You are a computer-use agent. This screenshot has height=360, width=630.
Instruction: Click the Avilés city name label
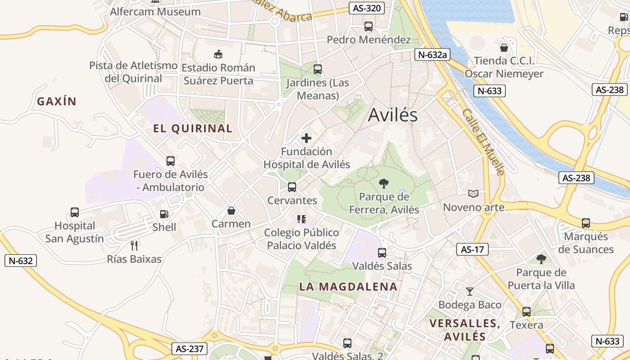click(393, 115)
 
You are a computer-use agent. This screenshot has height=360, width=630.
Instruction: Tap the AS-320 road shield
click(367, 8)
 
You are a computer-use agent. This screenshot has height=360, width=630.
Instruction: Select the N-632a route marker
click(432, 55)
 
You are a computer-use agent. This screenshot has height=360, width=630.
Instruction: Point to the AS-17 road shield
click(472, 249)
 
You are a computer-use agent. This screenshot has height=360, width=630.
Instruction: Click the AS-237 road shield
click(189, 348)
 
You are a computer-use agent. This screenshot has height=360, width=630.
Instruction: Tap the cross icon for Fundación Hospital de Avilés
click(306, 138)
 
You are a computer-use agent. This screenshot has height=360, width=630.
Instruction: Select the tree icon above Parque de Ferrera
click(384, 183)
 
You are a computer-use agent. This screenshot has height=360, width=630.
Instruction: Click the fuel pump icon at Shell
click(164, 215)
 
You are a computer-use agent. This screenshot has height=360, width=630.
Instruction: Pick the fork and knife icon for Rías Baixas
click(134, 245)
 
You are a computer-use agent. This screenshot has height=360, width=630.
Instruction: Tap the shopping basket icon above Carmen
click(231, 211)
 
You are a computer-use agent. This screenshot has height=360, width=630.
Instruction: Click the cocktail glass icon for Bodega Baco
click(470, 292)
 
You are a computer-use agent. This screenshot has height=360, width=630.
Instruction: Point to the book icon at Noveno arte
click(473, 193)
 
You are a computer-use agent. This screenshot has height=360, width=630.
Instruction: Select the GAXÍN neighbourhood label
click(57, 102)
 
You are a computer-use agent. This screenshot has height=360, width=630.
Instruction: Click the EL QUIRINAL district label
click(193, 129)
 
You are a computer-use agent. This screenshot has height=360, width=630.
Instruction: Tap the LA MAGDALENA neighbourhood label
click(348, 287)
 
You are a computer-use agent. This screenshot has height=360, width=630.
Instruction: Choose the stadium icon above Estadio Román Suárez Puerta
click(218, 54)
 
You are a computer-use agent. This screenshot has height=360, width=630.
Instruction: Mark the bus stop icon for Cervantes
click(292, 187)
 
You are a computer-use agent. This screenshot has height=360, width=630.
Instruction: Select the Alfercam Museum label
click(155, 12)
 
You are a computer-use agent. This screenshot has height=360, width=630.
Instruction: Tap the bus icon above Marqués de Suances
click(586, 223)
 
